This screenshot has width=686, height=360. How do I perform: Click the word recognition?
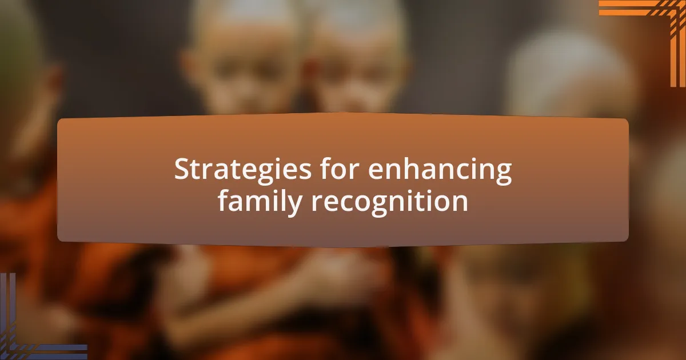pyautogui.click(x=390, y=201)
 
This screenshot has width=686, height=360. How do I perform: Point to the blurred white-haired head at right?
pyautogui.click(x=566, y=80)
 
